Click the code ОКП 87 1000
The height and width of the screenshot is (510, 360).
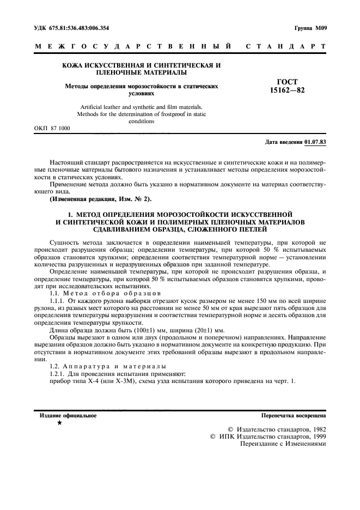[52, 129]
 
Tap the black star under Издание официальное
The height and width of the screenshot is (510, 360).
[59, 423]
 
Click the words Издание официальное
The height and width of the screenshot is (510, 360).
[68, 415]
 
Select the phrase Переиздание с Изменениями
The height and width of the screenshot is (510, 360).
[283, 444]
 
